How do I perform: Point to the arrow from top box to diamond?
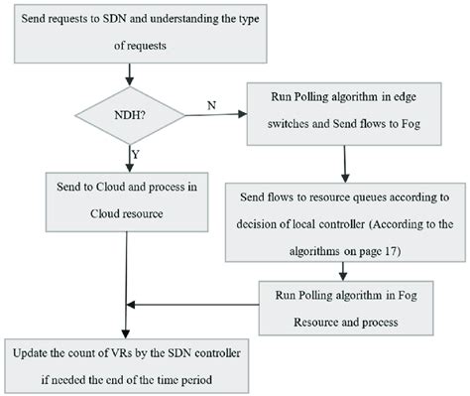126,76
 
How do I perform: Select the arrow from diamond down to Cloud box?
126,157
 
